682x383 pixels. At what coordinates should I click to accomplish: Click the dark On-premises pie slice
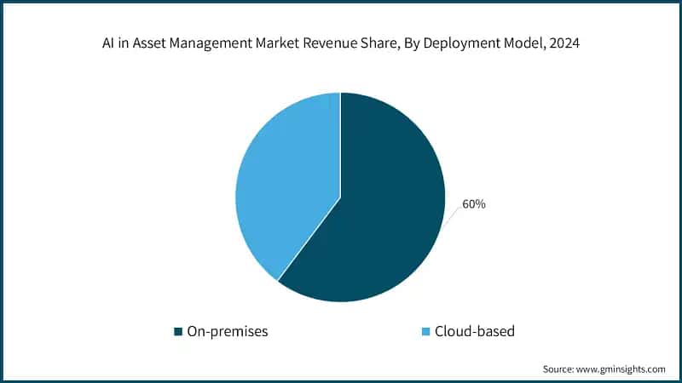[384, 221]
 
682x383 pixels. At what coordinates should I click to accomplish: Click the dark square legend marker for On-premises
[178, 331]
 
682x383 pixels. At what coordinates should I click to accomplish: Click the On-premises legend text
[228, 331]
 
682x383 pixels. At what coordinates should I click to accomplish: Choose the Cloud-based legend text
[475, 331]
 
